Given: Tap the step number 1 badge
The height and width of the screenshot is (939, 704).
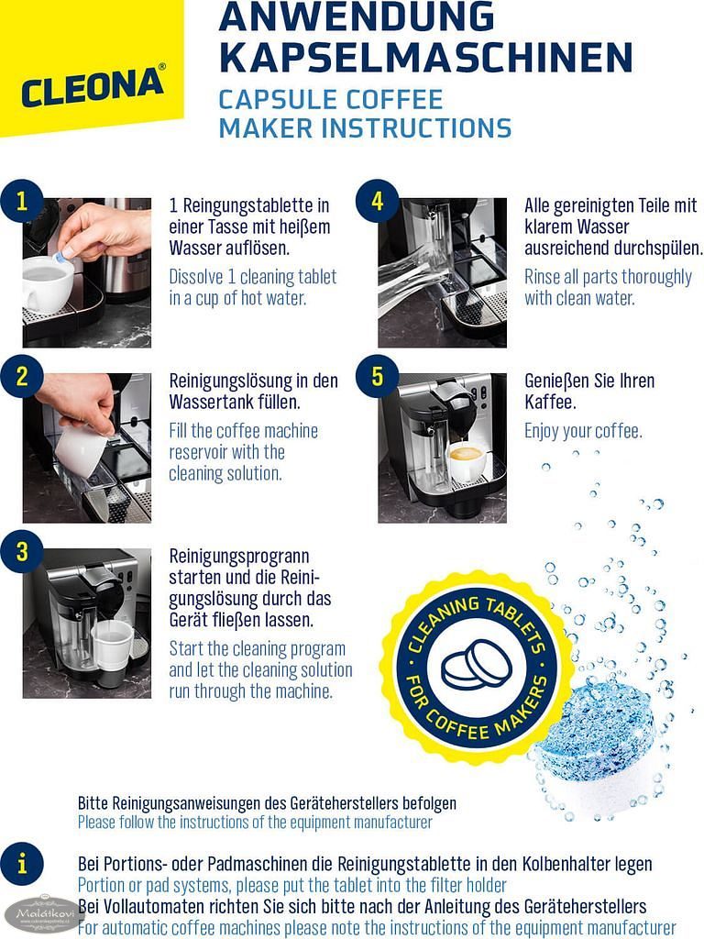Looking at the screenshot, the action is (22, 201).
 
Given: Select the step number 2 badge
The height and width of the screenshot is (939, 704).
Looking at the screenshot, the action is (22, 377).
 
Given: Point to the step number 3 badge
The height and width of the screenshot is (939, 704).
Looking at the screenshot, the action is (22, 551).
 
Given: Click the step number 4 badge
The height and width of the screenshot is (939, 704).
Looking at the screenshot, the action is (377, 201).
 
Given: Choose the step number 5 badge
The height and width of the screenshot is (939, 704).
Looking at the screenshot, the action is (377, 377).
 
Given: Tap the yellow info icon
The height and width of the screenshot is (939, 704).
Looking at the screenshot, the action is (22, 864).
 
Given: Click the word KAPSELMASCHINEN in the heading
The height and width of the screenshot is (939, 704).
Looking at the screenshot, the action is (426, 57).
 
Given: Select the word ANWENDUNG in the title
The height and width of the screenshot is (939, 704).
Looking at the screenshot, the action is (357, 17).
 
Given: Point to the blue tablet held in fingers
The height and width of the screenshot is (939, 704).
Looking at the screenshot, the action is (60, 258).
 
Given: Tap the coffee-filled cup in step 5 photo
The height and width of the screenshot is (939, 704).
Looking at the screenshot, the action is (466, 461).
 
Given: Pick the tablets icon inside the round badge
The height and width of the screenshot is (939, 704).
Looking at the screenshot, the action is (477, 665).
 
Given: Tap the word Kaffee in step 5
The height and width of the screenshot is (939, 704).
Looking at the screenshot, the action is (550, 402).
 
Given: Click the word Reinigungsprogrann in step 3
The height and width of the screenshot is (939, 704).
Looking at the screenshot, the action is (239, 557).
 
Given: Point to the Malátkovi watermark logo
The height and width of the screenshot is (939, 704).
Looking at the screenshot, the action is (43, 914).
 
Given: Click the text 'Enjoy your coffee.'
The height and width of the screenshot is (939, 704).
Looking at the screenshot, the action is (583, 431).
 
